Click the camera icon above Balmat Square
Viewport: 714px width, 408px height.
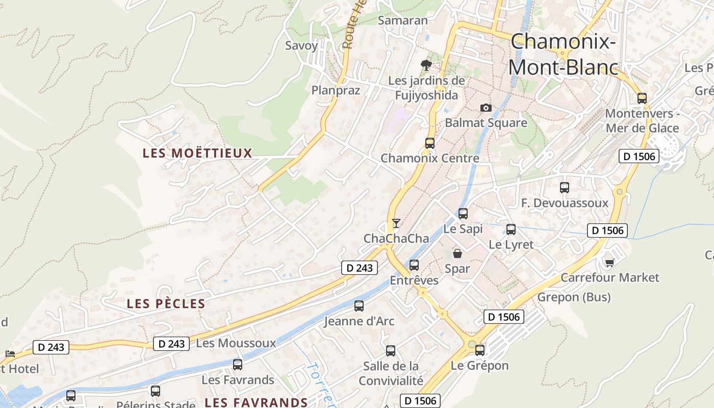pyautogui.click(x=486, y=108)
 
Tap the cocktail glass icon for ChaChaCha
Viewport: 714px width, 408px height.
pyautogui.click(x=396, y=223)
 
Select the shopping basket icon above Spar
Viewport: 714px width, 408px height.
pyautogui.click(x=457, y=253)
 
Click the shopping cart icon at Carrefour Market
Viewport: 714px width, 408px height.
pyautogui.click(x=609, y=263)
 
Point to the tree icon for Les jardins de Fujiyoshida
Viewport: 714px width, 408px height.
pyautogui.click(x=426, y=65)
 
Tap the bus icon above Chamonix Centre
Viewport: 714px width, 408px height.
pyautogui.click(x=430, y=143)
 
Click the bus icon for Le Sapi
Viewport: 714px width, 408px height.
pyautogui.click(x=463, y=214)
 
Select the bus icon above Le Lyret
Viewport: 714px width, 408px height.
pyautogui.click(x=511, y=229)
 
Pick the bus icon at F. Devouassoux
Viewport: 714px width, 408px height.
pyautogui.click(x=564, y=188)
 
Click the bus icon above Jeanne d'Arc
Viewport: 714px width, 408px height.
pyautogui.click(x=359, y=306)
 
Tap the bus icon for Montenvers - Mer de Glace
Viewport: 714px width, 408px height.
pyautogui.click(x=642, y=98)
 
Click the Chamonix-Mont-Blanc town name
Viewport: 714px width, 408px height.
pyautogui.click(x=563, y=54)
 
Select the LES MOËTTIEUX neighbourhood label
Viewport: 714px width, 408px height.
pyautogui.click(x=197, y=153)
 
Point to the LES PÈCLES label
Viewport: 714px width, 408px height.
pyautogui.click(x=166, y=304)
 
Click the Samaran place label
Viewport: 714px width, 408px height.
pyautogui.click(x=402, y=20)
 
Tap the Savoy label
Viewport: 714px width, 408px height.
pyautogui.click(x=301, y=45)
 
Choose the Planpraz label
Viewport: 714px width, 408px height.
pyautogui.click(x=336, y=90)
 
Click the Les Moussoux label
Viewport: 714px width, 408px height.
pyautogui.click(x=236, y=343)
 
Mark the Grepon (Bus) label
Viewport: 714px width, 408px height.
pyautogui.click(x=574, y=297)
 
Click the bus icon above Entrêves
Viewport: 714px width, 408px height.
pyautogui.click(x=414, y=265)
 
